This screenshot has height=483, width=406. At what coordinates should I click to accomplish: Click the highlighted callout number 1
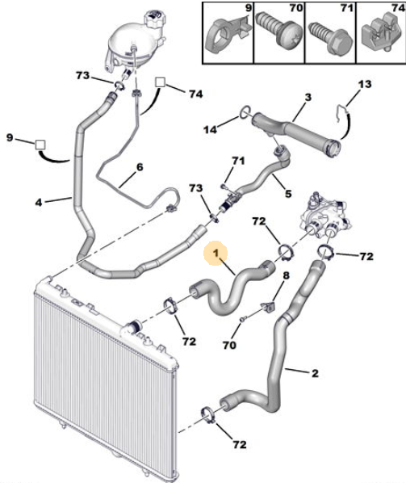pyautogui.click(x=216, y=253)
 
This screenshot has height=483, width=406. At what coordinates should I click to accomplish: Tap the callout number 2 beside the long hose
pyautogui.click(x=315, y=373)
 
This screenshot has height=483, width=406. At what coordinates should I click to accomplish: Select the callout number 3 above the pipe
pyautogui.click(x=308, y=98)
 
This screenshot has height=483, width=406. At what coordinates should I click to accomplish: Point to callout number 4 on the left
pyautogui.click(x=39, y=203)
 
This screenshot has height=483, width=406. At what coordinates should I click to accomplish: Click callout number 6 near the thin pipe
pyautogui.click(x=140, y=167)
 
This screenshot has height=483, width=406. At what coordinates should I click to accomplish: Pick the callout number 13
pyautogui.click(x=365, y=84)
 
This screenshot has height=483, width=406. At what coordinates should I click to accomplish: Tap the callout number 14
pyautogui.click(x=210, y=129)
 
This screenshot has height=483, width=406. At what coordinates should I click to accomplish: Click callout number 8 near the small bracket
pyautogui.click(x=286, y=275)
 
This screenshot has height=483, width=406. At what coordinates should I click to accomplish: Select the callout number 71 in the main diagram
pyautogui.click(x=238, y=161)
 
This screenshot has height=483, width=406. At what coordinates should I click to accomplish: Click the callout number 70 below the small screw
pyautogui.click(x=229, y=345)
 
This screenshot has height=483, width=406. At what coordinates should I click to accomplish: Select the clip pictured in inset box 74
pyautogui.click(x=383, y=35)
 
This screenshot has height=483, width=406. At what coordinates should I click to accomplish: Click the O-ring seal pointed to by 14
pyautogui.click(x=245, y=111)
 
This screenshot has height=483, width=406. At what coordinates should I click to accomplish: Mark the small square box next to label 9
pyautogui.click(x=40, y=145)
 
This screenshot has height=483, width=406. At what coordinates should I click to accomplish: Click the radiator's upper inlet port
pyautogui.click(x=133, y=325)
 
